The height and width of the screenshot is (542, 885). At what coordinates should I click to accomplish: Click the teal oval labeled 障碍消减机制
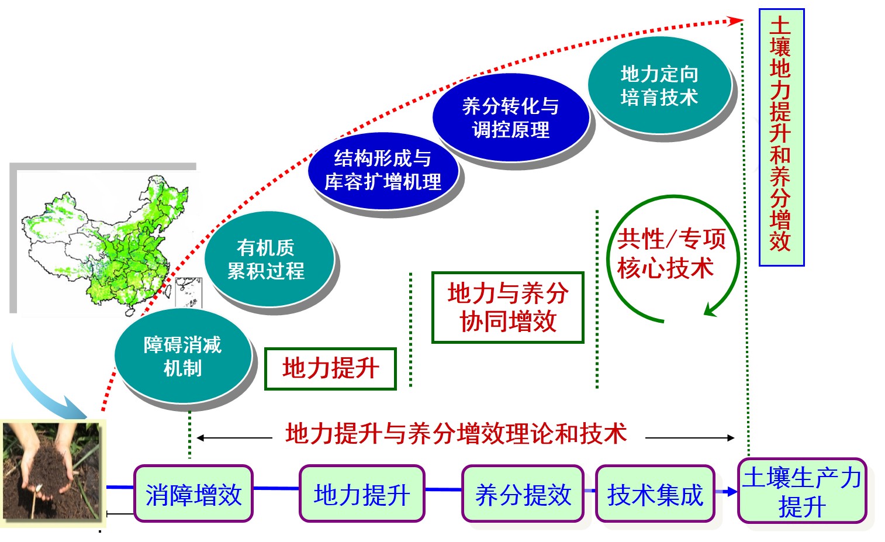click(183, 355)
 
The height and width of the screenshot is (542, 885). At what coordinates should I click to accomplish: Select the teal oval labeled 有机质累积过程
click(269, 259)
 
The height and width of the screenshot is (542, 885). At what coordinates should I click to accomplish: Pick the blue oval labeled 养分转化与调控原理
click(511, 118)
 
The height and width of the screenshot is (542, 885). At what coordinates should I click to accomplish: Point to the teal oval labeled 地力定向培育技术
click(659, 85)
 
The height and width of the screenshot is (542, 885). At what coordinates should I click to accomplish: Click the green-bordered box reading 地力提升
click(330, 369)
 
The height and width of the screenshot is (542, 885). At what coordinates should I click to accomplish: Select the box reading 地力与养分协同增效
click(508, 308)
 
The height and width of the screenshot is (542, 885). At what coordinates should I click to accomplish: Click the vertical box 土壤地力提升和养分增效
click(782, 137)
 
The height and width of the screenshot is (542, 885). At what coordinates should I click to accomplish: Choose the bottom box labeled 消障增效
click(193, 493)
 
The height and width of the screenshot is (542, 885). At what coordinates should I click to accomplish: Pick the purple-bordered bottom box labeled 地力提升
click(361, 493)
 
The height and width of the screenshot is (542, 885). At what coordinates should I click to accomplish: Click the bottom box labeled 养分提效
click(523, 493)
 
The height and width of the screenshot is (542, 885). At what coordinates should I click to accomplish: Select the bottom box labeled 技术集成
click(655, 493)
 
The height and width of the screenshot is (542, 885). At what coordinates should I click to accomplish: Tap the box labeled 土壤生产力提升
click(802, 491)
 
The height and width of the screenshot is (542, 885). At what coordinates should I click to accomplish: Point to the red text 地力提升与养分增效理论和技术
click(457, 434)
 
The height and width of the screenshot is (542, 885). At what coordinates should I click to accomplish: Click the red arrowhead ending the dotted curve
click(736, 20)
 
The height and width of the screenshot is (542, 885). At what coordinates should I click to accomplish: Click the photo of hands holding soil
click(52, 471)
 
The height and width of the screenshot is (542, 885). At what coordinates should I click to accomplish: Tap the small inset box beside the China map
click(188, 293)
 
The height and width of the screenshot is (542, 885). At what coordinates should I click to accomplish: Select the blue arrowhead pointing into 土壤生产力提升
click(732, 492)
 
